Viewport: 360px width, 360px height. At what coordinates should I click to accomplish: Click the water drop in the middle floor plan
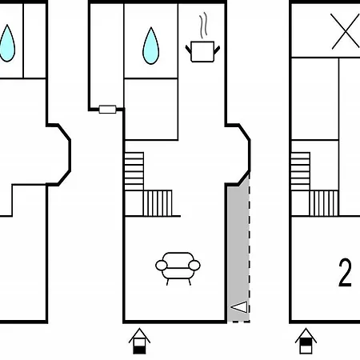[x=151, y=46]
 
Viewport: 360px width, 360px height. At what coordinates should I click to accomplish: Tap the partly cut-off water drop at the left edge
[x=7, y=44]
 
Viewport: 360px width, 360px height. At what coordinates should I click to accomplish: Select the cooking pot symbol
[x=202, y=51]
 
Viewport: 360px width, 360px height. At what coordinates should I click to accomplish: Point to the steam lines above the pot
[x=204, y=25]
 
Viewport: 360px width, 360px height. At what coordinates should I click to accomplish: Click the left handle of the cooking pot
[x=188, y=50]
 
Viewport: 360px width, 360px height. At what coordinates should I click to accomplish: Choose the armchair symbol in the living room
[x=178, y=268]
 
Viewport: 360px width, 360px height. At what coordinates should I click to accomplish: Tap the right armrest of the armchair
[x=194, y=266]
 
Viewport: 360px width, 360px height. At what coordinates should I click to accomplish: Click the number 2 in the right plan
[x=345, y=272]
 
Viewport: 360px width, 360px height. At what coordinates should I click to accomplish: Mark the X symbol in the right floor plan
[x=345, y=31]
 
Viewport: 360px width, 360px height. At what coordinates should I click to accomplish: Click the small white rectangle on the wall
[x=107, y=110]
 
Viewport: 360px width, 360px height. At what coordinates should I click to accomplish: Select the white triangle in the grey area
[x=239, y=307]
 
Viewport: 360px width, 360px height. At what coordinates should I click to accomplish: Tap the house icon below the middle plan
[x=139, y=341]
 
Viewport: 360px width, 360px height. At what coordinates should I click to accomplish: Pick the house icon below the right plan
[x=306, y=341]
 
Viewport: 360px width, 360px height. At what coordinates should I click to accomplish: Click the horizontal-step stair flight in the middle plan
[x=134, y=171]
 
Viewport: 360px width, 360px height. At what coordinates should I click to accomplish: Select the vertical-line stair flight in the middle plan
[x=158, y=203]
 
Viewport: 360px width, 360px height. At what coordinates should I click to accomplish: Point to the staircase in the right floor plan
[x=314, y=184]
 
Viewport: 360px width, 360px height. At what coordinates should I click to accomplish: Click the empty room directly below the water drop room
[x=151, y=109]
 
